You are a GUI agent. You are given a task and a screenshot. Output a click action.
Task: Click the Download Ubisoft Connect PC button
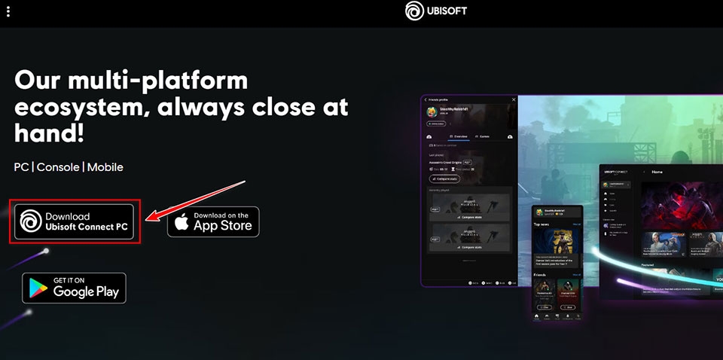tap(72, 221)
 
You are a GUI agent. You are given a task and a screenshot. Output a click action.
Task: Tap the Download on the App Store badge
tap(213, 221)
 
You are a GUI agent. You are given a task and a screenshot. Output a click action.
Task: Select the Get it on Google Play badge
tap(74, 287)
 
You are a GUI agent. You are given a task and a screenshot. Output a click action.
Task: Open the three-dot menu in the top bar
tap(8, 12)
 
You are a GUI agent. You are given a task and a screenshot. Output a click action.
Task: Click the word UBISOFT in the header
tap(450, 12)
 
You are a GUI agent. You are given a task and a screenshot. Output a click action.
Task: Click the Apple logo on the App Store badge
tap(181, 222)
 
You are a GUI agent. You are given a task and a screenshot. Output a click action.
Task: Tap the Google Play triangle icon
tap(38, 288)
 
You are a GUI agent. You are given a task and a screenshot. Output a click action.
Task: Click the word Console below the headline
tap(59, 166)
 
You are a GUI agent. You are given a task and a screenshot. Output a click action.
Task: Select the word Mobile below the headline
tap(105, 166)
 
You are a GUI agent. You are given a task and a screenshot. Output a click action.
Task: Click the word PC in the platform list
tap(21, 166)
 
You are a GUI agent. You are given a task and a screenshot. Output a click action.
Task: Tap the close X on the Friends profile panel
tap(514, 99)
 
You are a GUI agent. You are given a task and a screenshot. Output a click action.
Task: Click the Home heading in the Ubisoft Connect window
tap(657, 172)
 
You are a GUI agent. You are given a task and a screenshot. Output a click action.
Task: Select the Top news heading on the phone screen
tap(541, 224)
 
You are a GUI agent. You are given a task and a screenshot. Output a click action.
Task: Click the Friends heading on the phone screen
tap(540, 275)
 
